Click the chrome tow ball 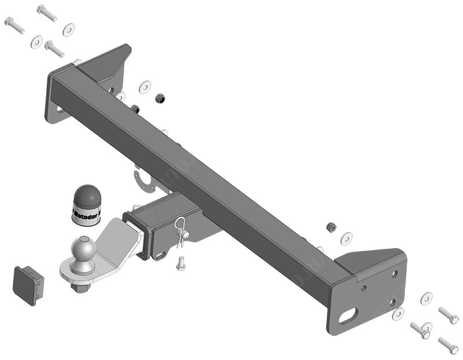(x=81, y=251)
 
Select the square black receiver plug (x=27, y=284)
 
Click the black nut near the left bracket (x=160, y=99)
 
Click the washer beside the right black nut (x=347, y=238)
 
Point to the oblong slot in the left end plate (x=60, y=109)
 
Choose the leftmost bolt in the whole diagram (x=14, y=25)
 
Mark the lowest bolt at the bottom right (x=448, y=345)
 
